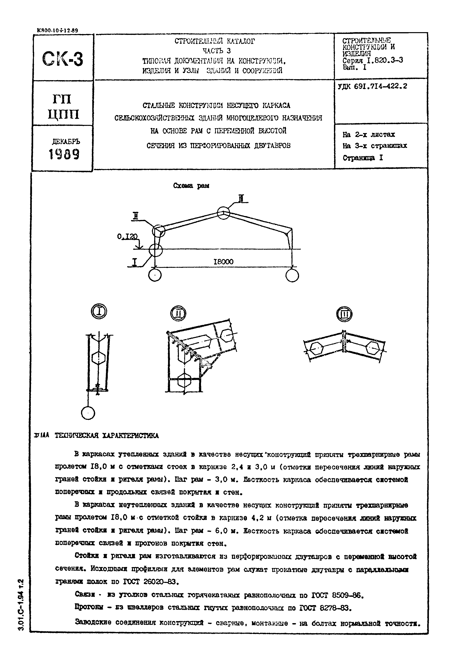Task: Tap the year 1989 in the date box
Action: [64, 155]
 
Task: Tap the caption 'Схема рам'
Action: [191, 186]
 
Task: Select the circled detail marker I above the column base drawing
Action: [99, 311]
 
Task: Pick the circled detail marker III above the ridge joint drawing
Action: [344, 314]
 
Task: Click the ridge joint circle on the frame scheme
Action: [223, 213]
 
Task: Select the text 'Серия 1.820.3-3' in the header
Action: [373, 60]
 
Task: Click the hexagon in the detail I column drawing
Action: [99, 358]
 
